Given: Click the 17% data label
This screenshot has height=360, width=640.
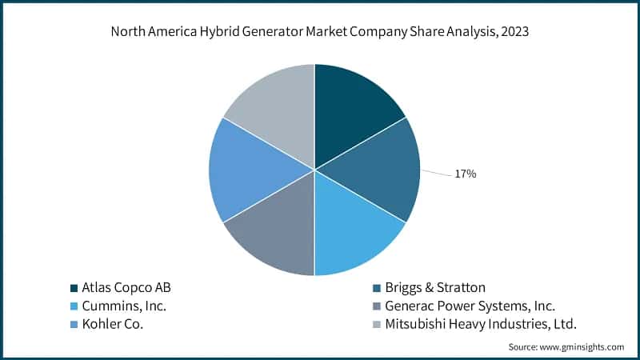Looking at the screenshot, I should tap(465, 174).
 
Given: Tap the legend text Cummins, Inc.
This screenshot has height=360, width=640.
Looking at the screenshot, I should tap(124, 306).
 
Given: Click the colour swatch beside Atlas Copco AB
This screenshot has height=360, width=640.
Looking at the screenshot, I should tap(74, 287).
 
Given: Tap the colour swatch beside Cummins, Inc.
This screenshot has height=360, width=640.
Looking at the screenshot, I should tap(74, 306).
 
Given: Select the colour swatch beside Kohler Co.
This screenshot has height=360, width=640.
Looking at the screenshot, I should tap(74, 324).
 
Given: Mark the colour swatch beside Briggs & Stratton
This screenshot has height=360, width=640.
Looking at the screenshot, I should tap(377, 287).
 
